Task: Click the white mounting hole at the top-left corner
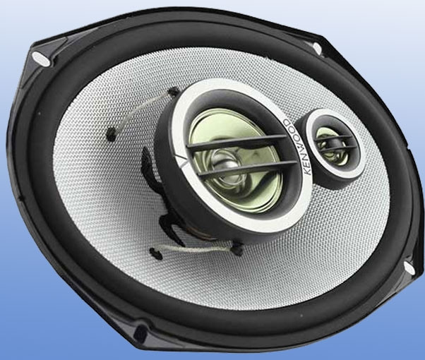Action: click(41, 59)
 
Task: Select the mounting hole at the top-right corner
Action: click(317, 48)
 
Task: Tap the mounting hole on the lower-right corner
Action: click(409, 268)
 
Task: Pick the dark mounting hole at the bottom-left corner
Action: click(140, 332)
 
